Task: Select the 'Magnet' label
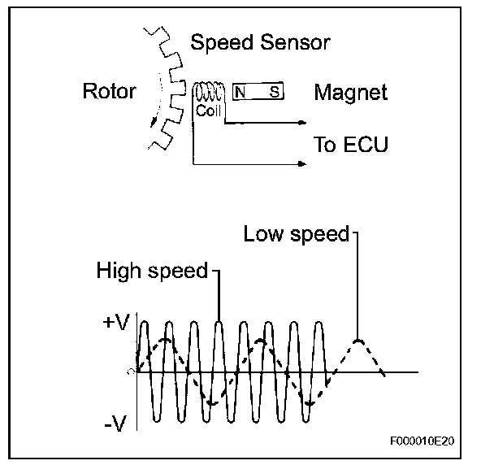click(x=350, y=93)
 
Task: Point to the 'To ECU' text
click(x=351, y=145)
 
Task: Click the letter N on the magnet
click(x=241, y=92)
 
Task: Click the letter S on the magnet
click(x=275, y=92)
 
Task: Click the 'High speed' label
click(x=152, y=270)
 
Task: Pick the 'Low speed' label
click(x=296, y=235)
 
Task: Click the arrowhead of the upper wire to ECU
click(x=302, y=124)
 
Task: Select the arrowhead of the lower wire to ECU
click(x=302, y=164)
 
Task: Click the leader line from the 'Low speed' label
click(x=357, y=285)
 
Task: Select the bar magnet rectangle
click(x=258, y=92)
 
